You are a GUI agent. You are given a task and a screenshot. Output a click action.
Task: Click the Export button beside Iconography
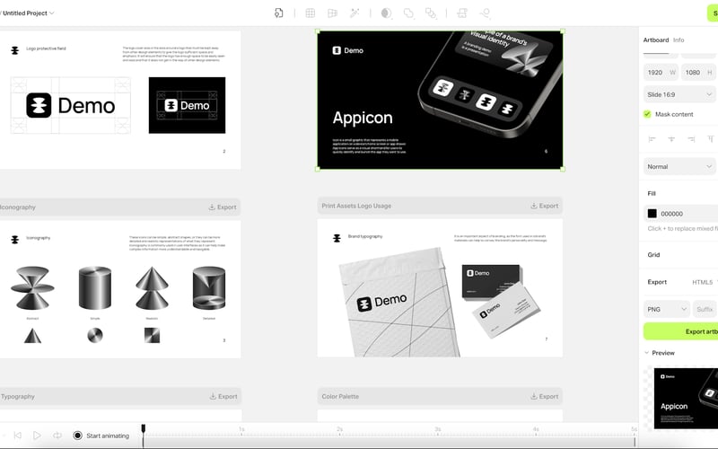click(222, 207)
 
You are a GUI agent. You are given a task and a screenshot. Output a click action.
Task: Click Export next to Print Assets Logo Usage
click(544, 206)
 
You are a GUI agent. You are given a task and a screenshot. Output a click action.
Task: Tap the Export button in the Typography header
click(223, 396)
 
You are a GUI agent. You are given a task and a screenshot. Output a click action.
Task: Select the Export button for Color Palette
click(544, 396)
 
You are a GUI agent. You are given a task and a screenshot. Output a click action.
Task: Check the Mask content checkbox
click(647, 114)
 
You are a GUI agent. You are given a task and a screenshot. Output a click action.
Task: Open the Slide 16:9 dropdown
click(679, 93)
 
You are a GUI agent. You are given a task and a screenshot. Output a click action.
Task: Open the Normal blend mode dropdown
click(679, 166)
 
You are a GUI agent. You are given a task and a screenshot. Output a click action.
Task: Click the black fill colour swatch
click(652, 214)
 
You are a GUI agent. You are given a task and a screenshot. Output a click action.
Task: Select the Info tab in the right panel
click(679, 40)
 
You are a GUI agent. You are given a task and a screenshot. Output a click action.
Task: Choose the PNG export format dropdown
click(665, 309)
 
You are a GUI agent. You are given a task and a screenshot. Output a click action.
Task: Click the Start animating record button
click(78, 436)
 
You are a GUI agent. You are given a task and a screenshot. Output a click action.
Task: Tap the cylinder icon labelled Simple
click(93, 289)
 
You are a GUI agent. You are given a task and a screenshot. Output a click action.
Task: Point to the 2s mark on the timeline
click(339, 430)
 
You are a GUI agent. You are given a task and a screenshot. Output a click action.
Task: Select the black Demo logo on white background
click(71, 105)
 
